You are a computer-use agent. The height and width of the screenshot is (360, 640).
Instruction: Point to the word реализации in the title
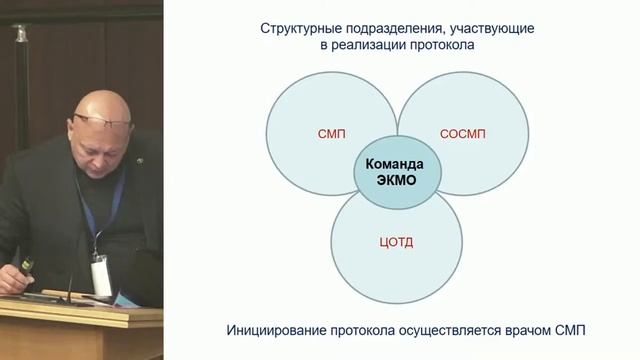point(375,46)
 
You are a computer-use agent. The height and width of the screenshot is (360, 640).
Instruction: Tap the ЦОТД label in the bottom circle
point(396,240)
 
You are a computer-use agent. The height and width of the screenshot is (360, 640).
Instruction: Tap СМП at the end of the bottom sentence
point(590,329)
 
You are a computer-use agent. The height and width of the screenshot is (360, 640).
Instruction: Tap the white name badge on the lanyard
point(99,270)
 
